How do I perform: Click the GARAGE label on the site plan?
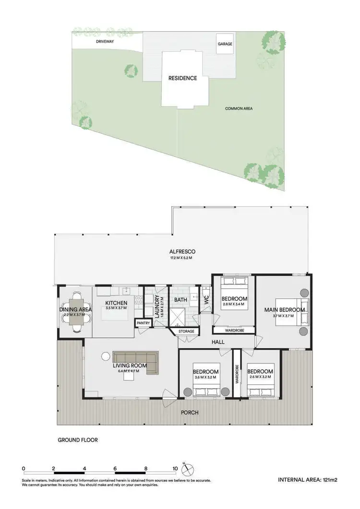225,44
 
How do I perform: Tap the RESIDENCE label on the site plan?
182,78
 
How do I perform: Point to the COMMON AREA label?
239,108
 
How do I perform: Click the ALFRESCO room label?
182,251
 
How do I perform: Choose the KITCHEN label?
117,303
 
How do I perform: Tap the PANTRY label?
144,323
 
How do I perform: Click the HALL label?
218,342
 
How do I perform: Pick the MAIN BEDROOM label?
285,309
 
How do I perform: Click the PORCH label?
190,413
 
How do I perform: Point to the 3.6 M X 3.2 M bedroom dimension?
206,377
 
